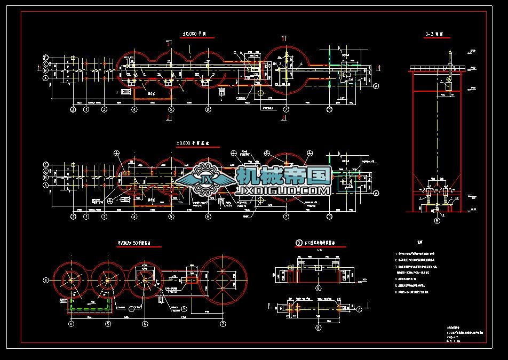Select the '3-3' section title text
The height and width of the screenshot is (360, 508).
point(435,34)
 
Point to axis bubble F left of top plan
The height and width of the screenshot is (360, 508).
point(46,57)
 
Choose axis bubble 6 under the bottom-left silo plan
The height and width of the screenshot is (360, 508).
point(145,323)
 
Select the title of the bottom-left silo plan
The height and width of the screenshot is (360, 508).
point(138,243)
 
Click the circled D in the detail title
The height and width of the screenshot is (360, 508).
point(299,243)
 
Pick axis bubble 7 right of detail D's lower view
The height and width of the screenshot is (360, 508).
point(359,308)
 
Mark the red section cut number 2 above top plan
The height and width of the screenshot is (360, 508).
point(169,45)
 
